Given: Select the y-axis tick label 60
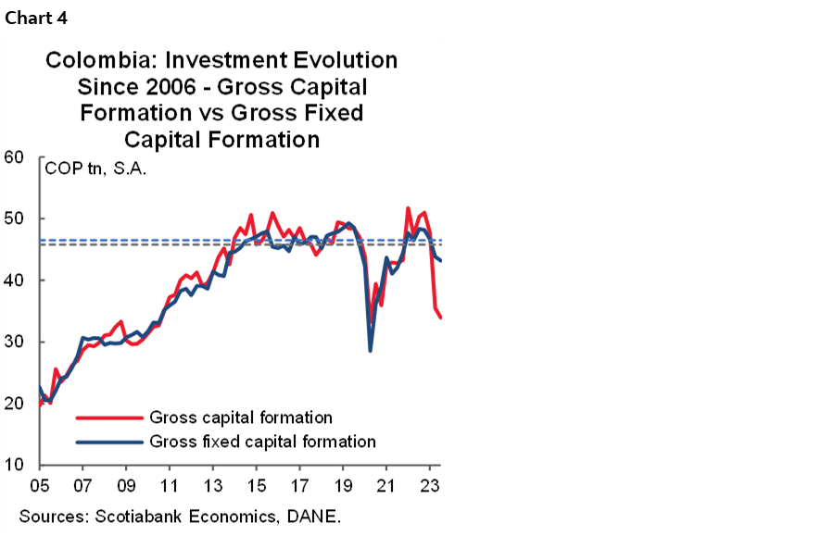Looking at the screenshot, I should point(14,157).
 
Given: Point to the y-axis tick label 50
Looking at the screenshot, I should point(14,219).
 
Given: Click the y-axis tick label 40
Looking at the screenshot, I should point(14,280).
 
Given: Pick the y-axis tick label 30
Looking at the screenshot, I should point(14,343).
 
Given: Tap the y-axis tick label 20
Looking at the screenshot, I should point(14,404).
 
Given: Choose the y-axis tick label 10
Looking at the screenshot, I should point(14,466).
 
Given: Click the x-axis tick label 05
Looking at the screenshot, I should point(39,485).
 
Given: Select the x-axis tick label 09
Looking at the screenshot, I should point(126,485).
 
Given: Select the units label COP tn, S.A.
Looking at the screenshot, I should point(95,169).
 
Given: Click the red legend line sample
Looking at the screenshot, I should point(108,418).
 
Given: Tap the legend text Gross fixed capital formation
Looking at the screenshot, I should point(261,442).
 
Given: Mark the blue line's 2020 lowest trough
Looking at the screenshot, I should point(371,351).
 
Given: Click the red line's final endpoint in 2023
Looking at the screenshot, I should point(440,318).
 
